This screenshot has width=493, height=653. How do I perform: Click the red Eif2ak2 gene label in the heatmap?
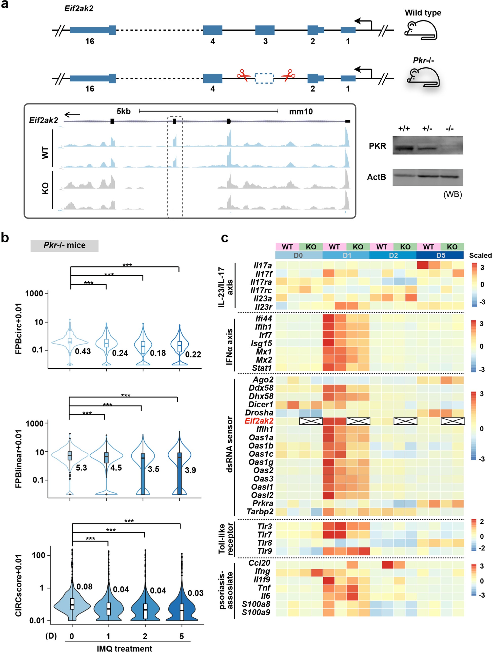pos(259,421)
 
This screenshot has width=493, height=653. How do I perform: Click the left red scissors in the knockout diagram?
pos(243,76)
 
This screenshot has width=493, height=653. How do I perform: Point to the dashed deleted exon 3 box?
pos(264,78)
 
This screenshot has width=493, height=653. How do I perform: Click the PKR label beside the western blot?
pos(377,146)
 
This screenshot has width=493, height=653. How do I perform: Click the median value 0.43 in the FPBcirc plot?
pos(83,351)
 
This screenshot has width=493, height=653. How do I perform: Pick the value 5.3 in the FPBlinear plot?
pos(81,468)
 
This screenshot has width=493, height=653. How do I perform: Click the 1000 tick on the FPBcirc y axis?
pos(34,293)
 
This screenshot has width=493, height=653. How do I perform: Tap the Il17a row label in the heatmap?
pos(263,265)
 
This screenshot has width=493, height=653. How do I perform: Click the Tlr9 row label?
pos(265,551)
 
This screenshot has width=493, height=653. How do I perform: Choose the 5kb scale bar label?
pos(124,111)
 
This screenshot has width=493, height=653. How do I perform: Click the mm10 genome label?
pos(301,112)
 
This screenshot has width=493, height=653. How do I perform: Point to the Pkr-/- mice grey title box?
pos(64,246)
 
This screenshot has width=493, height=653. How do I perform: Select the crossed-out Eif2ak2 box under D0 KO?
pos(311,421)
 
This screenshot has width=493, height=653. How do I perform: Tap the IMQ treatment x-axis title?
pos(124,648)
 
